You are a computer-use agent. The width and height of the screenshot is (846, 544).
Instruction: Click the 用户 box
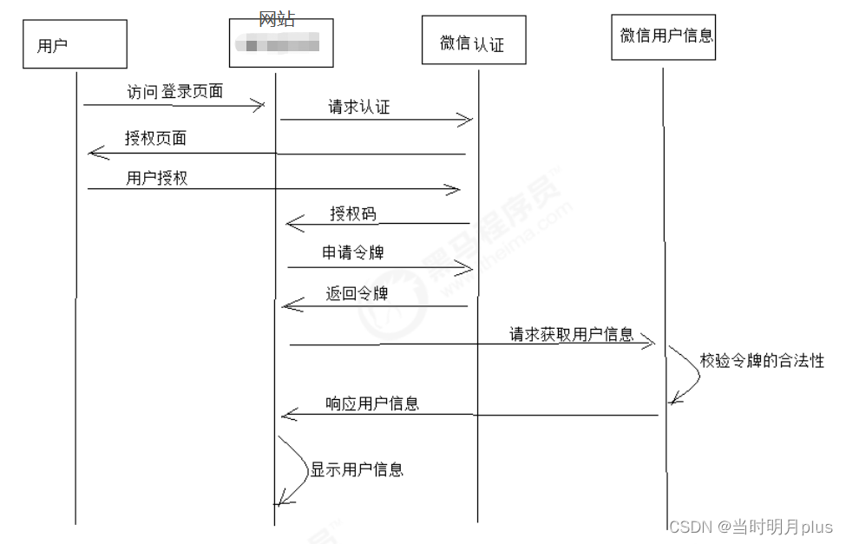coord(75,45)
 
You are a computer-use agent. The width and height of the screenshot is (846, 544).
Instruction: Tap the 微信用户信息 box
coord(664,36)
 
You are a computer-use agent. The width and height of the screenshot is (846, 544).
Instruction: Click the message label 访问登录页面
coord(175,90)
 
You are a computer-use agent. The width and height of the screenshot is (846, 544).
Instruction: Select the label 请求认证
coord(358,107)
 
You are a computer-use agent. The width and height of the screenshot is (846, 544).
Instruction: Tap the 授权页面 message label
coord(155,138)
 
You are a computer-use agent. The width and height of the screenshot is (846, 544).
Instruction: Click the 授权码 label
coord(353,213)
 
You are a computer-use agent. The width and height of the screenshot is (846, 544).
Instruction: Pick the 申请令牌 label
coord(353,252)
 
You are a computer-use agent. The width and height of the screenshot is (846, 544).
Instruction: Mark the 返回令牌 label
coord(357,293)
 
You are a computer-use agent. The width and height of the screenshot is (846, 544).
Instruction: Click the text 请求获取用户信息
coord(572,334)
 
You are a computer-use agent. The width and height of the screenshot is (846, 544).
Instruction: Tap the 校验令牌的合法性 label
coord(762,360)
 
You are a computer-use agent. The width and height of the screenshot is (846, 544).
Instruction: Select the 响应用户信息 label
coord(372,403)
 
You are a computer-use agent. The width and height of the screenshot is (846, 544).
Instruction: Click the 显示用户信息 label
coord(357,469)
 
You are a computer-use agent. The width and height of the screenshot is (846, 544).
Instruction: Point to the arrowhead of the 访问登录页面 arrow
coord(258,105)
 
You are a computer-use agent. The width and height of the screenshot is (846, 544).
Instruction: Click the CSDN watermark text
coord(751,527)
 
